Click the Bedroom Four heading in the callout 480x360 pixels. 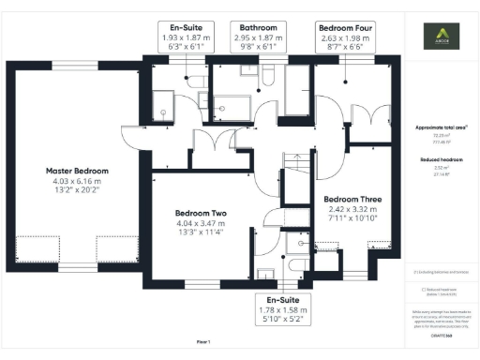point(345,28)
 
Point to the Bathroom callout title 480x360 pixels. point(256,28)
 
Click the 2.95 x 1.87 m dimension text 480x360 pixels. point(256,37)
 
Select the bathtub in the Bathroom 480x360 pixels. point(296,88)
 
